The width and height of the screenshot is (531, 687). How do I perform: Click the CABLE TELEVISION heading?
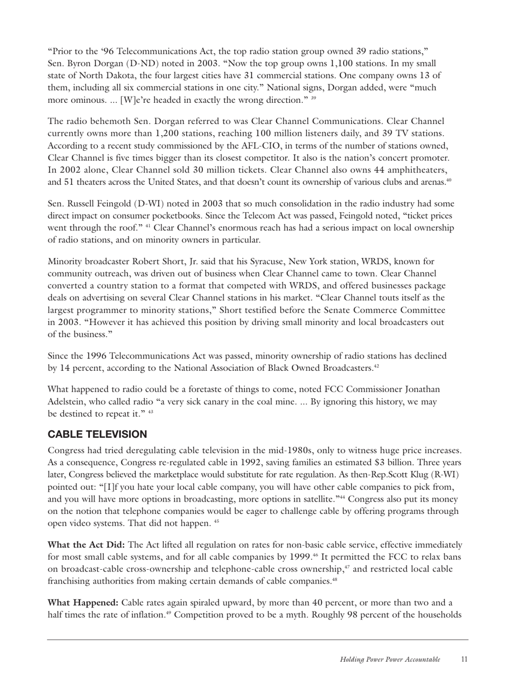(97, 434)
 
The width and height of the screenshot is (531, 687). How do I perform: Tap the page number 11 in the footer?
(464, 660)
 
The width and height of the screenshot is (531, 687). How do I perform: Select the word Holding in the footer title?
(354, 660)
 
